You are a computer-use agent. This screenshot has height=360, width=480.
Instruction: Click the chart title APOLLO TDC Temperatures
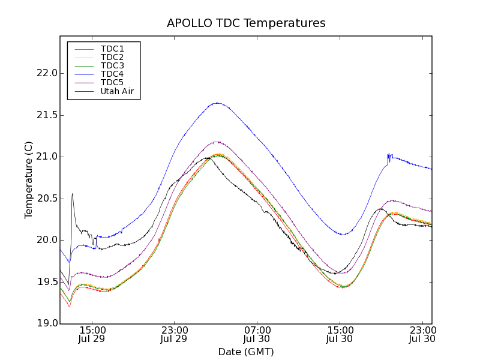pyautogui.click(x=246, y=23)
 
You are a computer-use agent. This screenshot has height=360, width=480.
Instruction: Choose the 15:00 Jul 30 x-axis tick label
pyautogui.click(x=340, y=334)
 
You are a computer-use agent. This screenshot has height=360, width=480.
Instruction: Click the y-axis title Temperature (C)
pyautogui.click(x=29, y=180)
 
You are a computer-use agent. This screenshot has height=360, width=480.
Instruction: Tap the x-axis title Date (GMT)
pyautogui.click(x=246, y=352)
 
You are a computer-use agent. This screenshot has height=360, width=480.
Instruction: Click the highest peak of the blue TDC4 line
pyautogui.click(x=217, y=103)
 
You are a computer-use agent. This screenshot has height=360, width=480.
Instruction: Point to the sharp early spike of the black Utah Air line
pyautogui.click(x=72, y=194)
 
